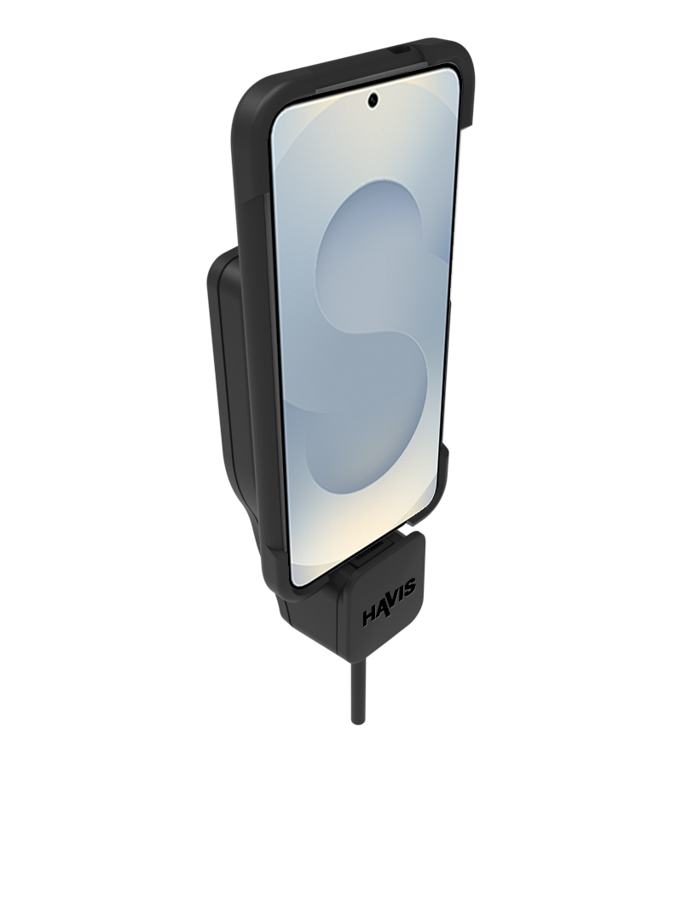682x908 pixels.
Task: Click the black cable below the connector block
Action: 355,689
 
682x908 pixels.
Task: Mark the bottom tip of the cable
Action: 355,723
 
